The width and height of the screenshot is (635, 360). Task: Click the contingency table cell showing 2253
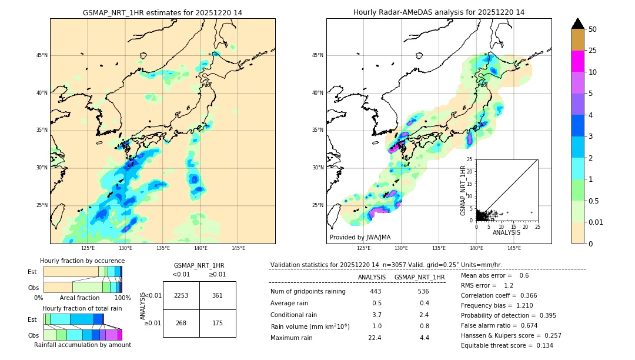click(181, 295)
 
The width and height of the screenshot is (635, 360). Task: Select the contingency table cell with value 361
click(218, 295)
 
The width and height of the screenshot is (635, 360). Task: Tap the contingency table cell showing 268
click(181, 322)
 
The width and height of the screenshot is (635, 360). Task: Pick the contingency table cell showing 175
click(218, 322)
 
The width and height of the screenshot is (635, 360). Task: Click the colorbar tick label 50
click(593, 29)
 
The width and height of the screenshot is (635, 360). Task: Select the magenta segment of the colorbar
click(577, 61)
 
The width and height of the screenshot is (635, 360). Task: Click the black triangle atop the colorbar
click(577, 24)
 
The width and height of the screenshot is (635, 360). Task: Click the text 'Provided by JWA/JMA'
click(360, 238)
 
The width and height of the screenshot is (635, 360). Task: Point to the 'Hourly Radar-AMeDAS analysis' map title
click(439, 12)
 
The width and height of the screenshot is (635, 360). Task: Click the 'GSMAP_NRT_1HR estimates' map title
click(162, 12)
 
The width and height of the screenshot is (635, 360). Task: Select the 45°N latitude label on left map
click(42, 55)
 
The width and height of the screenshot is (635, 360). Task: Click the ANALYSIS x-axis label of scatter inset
click(506, 232)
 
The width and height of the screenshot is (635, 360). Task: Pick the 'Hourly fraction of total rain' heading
click(82, 308)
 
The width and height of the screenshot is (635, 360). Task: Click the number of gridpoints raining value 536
click(424, 291)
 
